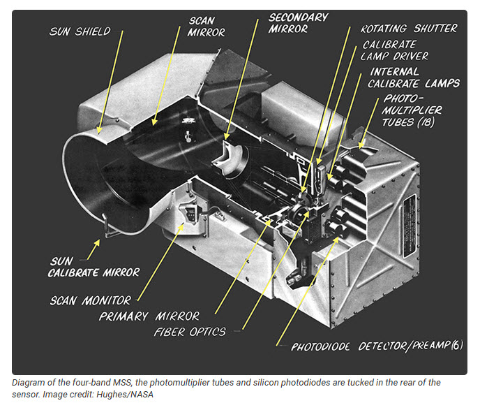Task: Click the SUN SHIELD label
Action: click(80, 31)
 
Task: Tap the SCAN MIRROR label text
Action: click(207, 26)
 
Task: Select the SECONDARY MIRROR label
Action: click(298, 23)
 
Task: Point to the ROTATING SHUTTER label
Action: click(409, 29)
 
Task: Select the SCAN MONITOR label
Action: click(90, 300)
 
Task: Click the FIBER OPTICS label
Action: click(190, 332)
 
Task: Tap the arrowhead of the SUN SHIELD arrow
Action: click(98, 131)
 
